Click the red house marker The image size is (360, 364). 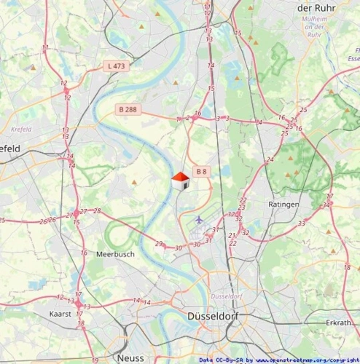pos(180,181)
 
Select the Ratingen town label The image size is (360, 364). pos(283,205)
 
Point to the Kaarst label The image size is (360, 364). pos(60,313)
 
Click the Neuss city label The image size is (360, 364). pos(130,357)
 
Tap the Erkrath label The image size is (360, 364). pos(339,321)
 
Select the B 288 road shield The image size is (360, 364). pos(127,109)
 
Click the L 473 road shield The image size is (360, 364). pos(116,66)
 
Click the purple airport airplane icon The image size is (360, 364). pos(200,218)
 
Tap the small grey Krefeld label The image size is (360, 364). pos(22,130)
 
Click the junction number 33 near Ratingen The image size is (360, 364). pos(301,223)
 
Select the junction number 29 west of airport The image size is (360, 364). pos(159,243)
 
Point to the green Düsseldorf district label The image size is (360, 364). pos(225,297)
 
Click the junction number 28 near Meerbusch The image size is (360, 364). pos(97,210)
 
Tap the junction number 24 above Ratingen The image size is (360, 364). pos(270,159)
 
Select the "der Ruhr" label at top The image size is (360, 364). pos(315,7)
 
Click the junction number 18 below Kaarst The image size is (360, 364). pos(81,323)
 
